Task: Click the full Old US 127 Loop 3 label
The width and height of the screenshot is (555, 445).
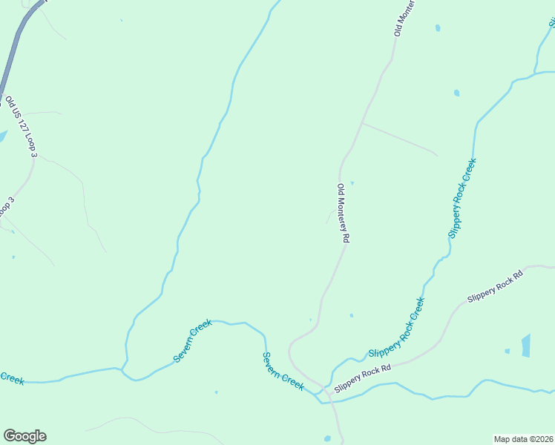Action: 21,126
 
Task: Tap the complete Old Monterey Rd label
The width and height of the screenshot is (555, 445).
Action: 343,214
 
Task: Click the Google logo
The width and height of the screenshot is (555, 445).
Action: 24,436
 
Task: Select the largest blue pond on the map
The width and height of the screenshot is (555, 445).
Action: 526,346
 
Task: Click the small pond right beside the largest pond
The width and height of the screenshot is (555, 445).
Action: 508,351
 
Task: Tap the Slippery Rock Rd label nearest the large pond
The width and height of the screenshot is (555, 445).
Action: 495,286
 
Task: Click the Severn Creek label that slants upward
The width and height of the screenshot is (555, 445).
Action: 193,340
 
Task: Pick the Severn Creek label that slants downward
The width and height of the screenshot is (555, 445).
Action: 283,371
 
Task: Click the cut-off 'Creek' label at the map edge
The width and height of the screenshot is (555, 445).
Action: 12,378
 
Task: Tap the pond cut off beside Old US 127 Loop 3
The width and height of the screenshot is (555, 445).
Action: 2,136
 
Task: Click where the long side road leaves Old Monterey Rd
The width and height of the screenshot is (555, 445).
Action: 361,123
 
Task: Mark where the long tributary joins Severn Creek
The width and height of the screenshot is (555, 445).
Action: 122,368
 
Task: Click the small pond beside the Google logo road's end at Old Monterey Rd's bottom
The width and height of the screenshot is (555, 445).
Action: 327,439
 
